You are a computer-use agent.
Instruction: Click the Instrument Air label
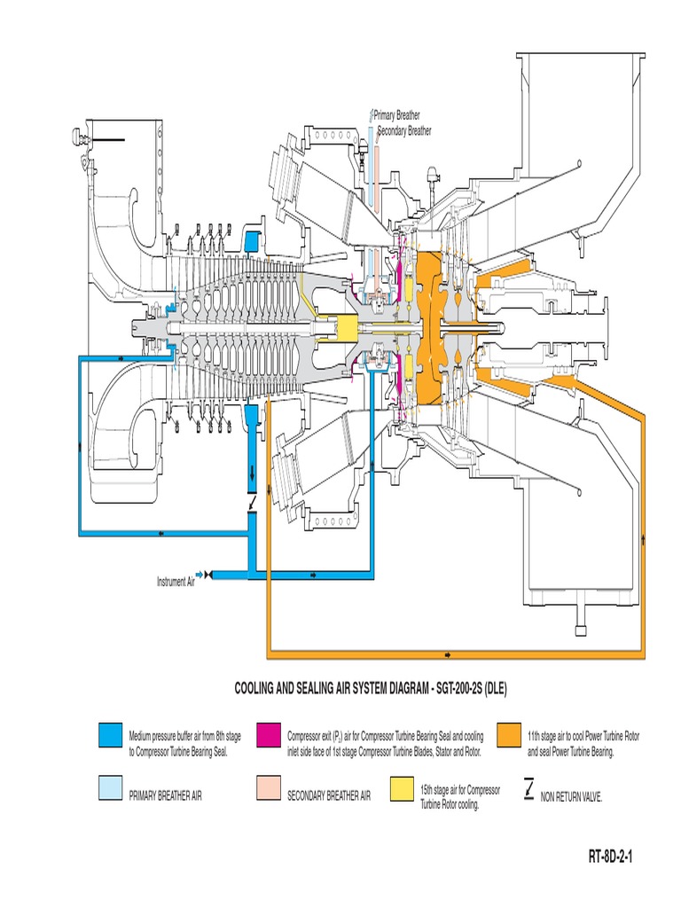[176, 582]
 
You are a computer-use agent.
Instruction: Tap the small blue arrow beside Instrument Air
[200, 574]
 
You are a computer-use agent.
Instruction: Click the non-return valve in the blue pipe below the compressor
[254, 505]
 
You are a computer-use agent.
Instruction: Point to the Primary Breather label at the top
[396, 114]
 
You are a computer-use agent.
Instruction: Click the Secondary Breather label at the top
[404, 131]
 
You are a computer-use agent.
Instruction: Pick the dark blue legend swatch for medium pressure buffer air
[110, 735]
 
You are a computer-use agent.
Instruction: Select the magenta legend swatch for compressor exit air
[268, 735]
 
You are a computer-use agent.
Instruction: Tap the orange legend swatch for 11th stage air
[508, 735]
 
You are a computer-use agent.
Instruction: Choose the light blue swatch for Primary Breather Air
[110, 789]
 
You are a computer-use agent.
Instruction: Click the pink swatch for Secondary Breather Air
[268, 789]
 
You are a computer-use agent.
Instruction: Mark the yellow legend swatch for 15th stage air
[400, 789]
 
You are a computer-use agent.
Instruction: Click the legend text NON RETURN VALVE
[571, 797]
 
